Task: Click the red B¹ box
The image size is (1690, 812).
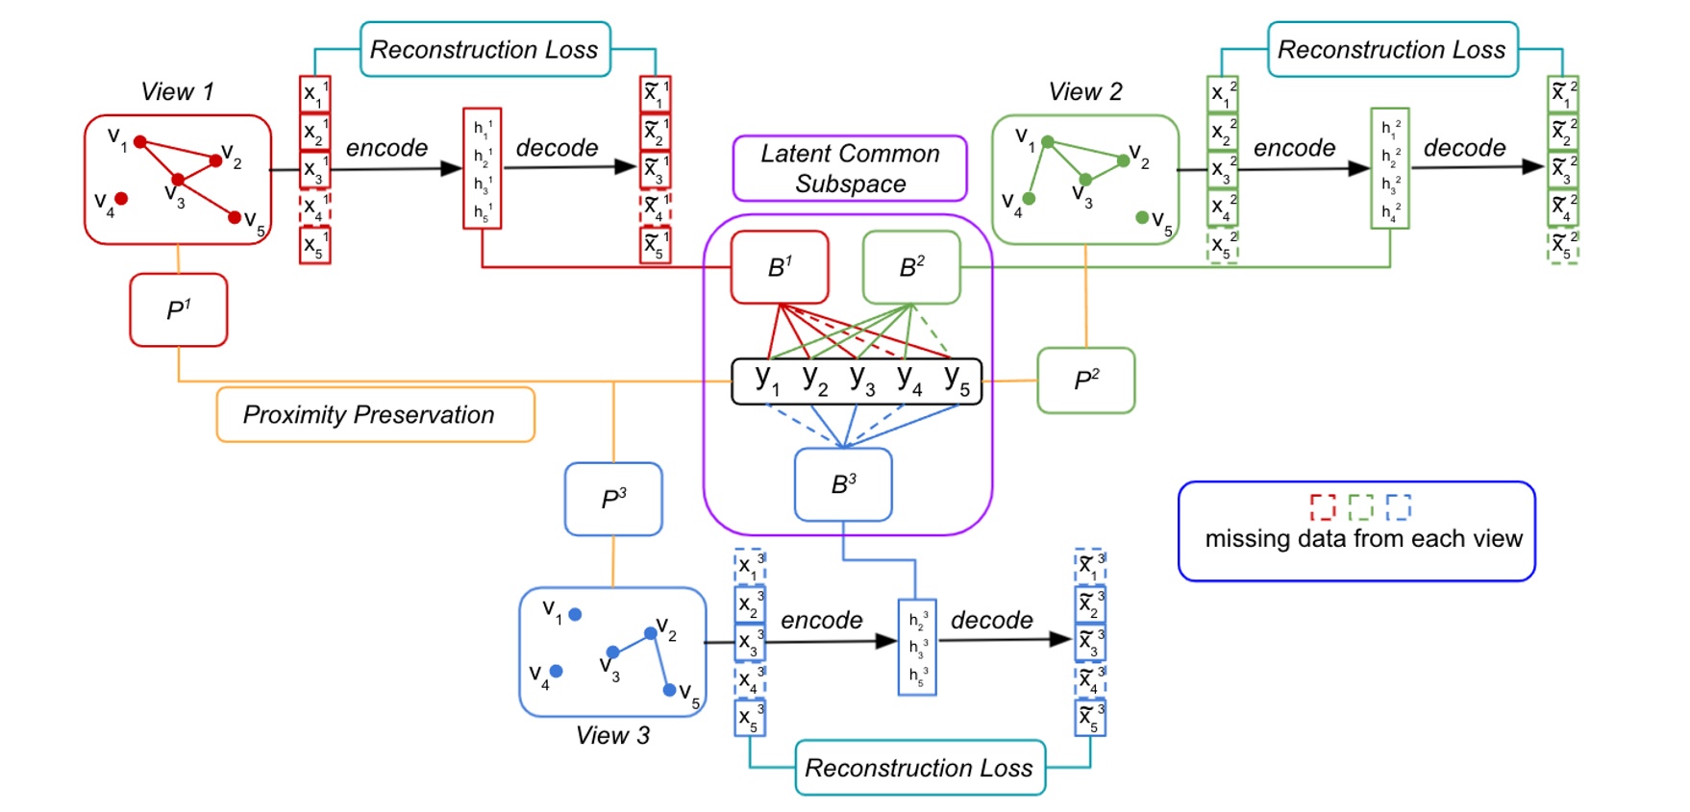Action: click(x=780, y=267)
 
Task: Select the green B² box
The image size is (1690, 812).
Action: click(x=911, y=267)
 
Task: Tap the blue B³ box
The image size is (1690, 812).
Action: click(x=843, y=484)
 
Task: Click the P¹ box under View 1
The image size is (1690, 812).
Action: click(x=179, y=309)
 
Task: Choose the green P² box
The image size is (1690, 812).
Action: click(x=1085, y=381)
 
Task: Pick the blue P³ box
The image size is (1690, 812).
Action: click(x=613, y=499)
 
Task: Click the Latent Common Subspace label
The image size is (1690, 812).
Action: click(x=850, y=168)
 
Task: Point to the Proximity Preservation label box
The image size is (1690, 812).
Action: click(x=375, y=414)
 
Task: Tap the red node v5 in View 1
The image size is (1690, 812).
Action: click(x=235, y=217)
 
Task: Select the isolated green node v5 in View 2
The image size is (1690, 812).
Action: click(x=1142, y=217)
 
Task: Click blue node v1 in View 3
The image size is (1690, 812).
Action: click(x=575, y=614)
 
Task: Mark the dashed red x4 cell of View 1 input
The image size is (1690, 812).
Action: click(x=314, y=208)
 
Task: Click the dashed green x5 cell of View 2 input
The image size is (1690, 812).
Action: click(x=1222, y=246)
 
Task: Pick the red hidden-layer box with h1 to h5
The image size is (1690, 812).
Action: click(x=482, y=168)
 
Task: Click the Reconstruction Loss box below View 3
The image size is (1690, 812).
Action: click(x=919, y=767)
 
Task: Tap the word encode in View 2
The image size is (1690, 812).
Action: click(x=1294, y=148)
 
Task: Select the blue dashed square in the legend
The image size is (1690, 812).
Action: click(x=1398, y=506)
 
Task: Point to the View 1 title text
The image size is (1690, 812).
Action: click(x=177, y=92)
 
